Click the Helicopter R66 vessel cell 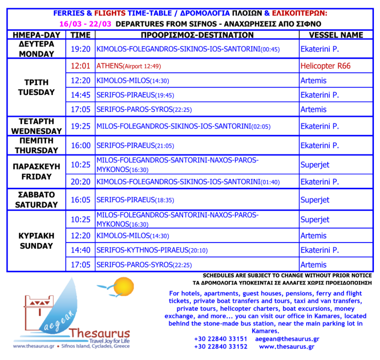[x=325, y=66]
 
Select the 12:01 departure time [x=81, y=66]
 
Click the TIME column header [x=81, y=35]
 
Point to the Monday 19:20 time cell [x=81, y=50]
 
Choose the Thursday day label [x=36, y=146]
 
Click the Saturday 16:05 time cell [x=81, y=199]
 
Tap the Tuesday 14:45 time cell [x=81, y=95]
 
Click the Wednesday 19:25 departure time [x=81, y=126]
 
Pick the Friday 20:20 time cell [x=81, y=182]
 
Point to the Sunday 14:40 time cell [x=81, y=250]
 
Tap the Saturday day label [x=36, y=199]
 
